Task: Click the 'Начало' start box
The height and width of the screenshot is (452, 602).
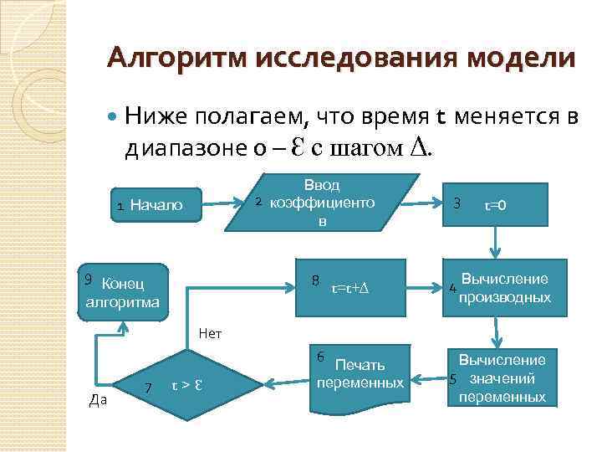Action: pos(154,205)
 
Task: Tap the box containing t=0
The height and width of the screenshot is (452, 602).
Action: pos(497,203)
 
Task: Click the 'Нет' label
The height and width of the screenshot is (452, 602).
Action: pos(210,333)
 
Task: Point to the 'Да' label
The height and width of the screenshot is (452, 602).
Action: pos(97,400)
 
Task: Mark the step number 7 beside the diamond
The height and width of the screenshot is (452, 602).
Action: pos(147,387)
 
